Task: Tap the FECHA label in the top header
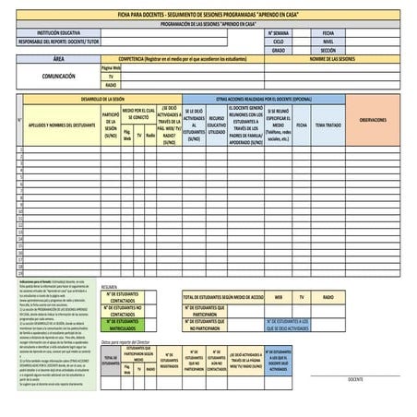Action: click(328, 33)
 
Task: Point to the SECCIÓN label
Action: click(328, 51)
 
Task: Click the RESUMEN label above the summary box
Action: click(109, 287)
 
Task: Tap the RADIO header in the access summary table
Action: click(328, 297)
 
